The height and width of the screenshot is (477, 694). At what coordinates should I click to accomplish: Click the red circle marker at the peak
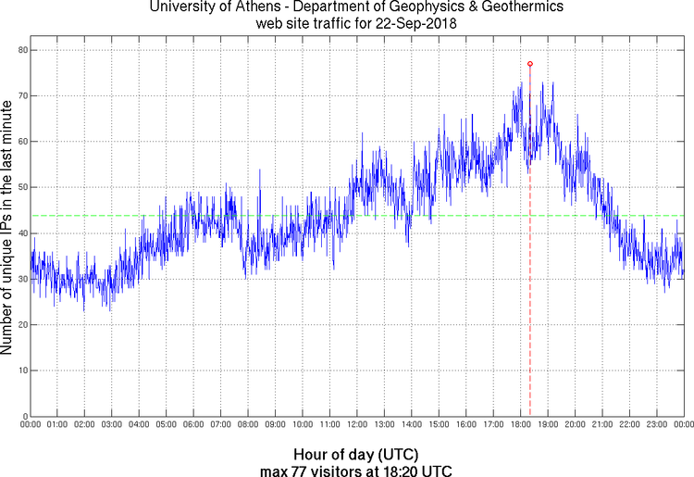click(530, 64)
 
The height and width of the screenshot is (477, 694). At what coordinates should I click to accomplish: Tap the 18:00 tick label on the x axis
click(520, 424)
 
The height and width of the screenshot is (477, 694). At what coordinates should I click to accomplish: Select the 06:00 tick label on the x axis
click(193, 424)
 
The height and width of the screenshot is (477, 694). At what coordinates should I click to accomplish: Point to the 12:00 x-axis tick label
click(356, 424)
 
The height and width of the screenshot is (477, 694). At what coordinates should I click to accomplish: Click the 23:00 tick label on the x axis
click(656, 424)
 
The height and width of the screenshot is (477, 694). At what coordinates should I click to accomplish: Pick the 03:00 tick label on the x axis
click(111, 424)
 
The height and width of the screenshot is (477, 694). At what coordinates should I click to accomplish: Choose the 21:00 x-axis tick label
click(601, 424)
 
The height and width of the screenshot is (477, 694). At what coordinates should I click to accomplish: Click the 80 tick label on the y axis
click(20, 50)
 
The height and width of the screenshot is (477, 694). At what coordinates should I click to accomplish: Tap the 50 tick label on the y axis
click(20, 187)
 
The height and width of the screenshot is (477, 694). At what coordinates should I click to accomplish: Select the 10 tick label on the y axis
click(20, 370)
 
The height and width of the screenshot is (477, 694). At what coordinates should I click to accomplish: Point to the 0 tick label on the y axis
click(23, 416)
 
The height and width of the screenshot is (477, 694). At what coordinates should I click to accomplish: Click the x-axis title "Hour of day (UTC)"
click(355, 455)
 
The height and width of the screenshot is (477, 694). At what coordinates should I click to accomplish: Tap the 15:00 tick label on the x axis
click(439, 424)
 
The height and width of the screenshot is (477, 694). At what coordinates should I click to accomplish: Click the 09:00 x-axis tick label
click(275, 424)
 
